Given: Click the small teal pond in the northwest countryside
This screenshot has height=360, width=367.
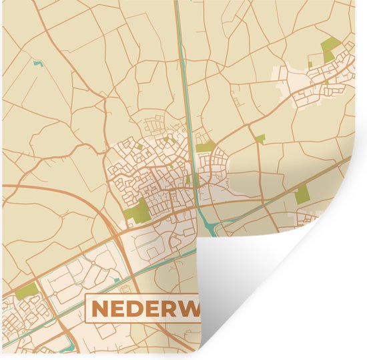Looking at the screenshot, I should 36,65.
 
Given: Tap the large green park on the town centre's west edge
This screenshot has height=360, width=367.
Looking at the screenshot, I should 138,212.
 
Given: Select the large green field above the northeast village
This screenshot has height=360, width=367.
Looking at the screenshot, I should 330,49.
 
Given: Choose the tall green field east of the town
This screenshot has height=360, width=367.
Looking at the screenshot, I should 302,194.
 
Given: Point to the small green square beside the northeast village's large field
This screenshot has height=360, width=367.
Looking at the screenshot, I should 310,65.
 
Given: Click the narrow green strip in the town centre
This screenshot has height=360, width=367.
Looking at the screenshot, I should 189,179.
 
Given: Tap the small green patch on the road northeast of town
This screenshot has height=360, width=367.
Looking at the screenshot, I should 260,139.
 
